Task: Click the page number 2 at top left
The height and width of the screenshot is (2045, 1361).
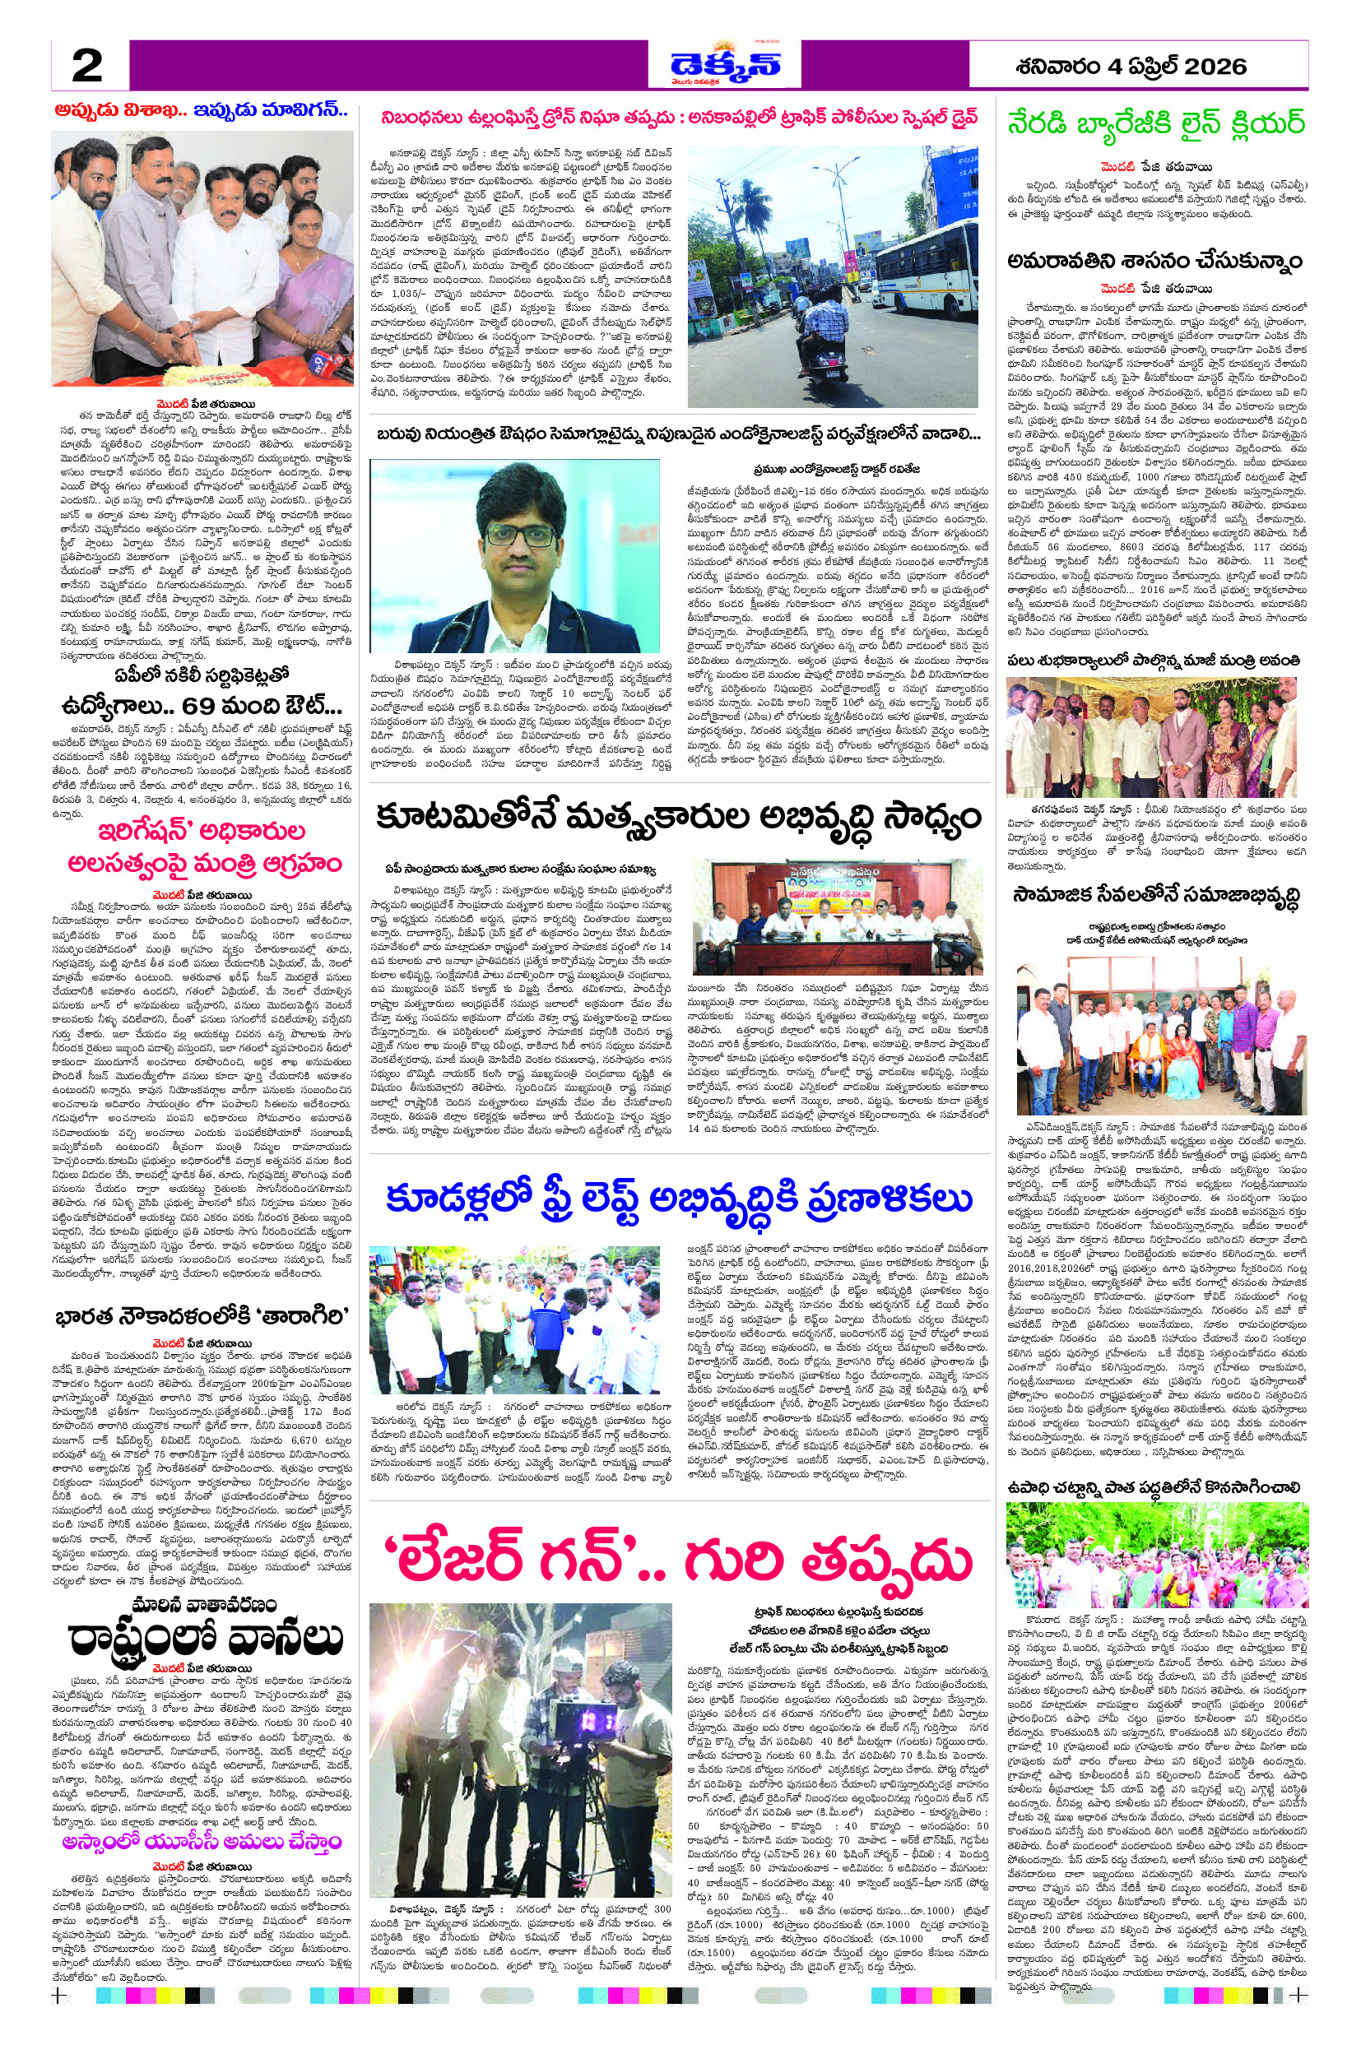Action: tap(88, 65)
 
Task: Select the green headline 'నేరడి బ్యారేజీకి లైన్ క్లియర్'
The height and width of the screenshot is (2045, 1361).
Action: tap(1155, 123)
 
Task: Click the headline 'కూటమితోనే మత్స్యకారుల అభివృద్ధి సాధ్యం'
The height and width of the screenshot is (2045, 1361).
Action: tap(679, 817)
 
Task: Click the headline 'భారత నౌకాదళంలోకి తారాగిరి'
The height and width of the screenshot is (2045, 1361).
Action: tap(202, 1315)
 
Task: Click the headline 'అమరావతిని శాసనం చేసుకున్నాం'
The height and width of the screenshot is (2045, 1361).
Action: tap(1155, 261)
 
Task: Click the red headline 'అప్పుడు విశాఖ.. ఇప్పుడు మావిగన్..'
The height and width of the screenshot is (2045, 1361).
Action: tap(202, 111)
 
